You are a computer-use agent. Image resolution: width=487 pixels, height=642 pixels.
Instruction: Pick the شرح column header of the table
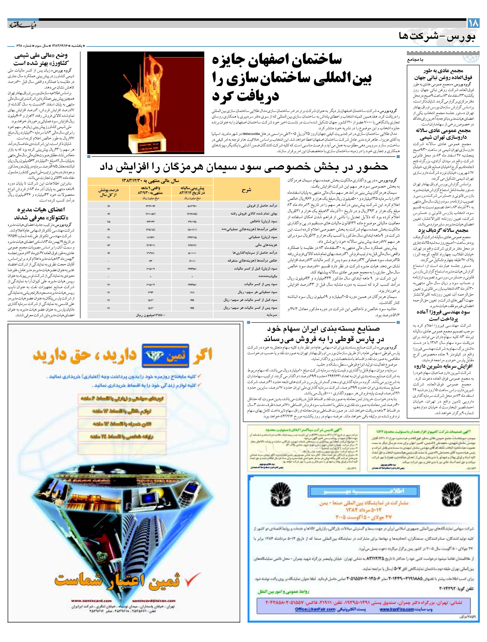[x=246, y=190]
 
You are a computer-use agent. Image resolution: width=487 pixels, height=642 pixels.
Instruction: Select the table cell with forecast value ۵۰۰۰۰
[x=192, y=253]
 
